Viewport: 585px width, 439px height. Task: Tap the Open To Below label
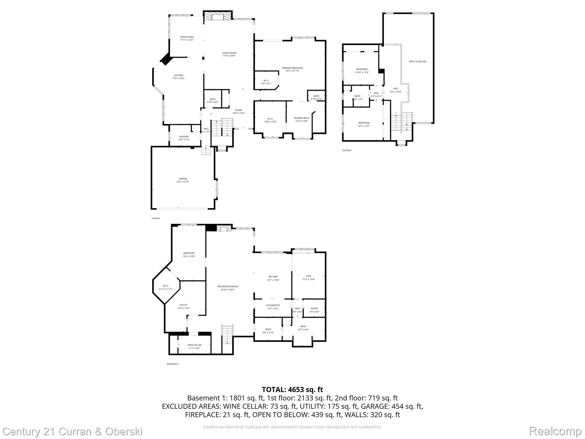pos(417,61)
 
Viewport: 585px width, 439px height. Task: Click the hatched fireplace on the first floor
pos(217,16)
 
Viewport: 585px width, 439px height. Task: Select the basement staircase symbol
pos(227,334)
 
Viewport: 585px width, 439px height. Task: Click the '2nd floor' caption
pos(347,150)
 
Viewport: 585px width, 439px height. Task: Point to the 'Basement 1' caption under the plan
pos(173,364)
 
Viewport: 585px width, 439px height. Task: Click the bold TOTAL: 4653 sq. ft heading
pos(292,390)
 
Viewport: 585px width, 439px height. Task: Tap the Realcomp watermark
pos(555,431)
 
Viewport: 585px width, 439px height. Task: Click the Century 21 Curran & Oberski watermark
pos(73,431)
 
